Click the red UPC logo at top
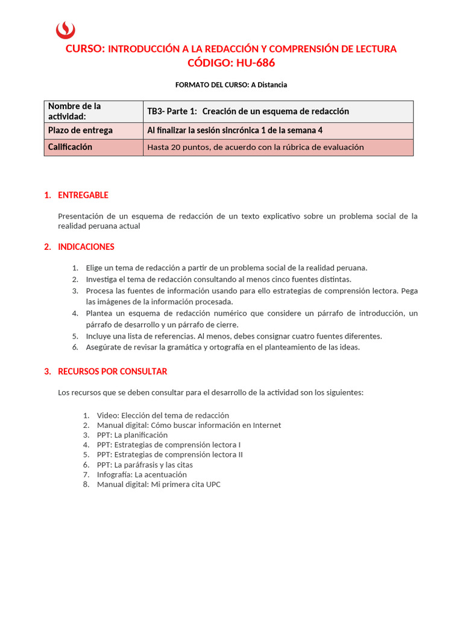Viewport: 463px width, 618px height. [65, 30]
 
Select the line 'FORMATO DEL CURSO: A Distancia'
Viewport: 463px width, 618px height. [231, 84]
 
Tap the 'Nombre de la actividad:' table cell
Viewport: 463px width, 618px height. [93, 111]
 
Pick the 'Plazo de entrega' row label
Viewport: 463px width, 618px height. [80, 130]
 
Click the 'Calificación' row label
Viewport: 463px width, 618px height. [71, 147]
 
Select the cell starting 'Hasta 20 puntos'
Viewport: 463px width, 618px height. [256, 147]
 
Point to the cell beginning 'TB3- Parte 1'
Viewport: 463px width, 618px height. [248, 111]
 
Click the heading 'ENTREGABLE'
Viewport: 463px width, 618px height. [83, 195]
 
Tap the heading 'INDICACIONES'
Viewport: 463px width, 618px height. [86, 247]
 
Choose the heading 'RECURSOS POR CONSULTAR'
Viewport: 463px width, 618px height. [112, 371]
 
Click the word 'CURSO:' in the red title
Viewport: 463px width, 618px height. [85, 49]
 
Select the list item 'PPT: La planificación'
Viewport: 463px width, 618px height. [132, 435]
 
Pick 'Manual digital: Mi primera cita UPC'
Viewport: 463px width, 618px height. [159, 484]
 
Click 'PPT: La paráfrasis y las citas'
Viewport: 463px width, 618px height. [145, 465]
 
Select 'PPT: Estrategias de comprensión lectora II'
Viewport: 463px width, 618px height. [169, 454]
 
